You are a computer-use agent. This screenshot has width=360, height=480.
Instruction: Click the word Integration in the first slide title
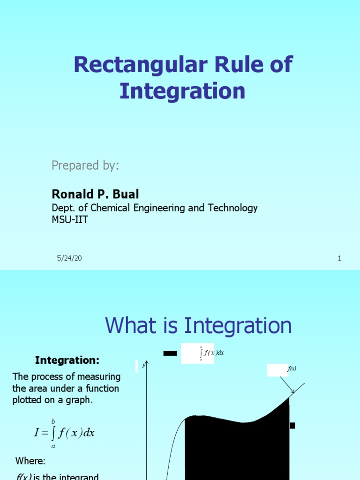[182, 91]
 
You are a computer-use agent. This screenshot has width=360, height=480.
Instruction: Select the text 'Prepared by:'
[85, 165]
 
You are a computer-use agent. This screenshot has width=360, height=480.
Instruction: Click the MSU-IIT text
[69, 219]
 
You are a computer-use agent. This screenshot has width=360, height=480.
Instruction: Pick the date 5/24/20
[69, 258]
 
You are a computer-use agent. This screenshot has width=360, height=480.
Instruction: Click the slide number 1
[339, 258]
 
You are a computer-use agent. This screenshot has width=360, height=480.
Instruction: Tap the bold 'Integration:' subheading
[67, 360]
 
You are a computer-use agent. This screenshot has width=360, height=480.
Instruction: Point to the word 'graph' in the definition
[81, 400]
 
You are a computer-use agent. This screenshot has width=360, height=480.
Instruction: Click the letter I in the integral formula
[37, 433]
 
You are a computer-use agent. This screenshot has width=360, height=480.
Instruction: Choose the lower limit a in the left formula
[53, 446]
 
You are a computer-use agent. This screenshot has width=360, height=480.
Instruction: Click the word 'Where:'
[30, 461]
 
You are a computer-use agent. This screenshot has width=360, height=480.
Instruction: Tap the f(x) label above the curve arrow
[292, 369]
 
